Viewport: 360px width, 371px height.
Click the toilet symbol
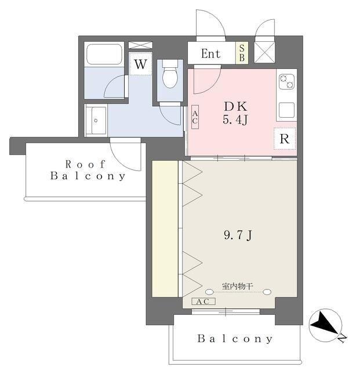pyautogui.click(x=170, y=74)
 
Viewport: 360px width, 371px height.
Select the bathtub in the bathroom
pyautogui.click(x=104, y=54)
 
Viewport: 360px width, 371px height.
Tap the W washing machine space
pyautogui.click(x=140, y=64)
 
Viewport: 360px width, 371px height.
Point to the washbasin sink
pyautogui.click(x=96, y=120)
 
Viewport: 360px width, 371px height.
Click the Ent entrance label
pyautogui.click(x=210, y=54)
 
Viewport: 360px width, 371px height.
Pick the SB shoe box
pyautogui.click(x=242, y=53)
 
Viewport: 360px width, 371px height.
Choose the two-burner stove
pyautogui.click(x=286, y=82)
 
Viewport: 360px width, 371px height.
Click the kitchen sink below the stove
pyautogui.click(x=286, y=110)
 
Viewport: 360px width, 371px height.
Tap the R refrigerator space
pyautogui.click(x=285, y=139)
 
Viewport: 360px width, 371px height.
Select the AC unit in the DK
pyautogui.click(x=195, y=117)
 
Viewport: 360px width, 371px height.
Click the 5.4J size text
pyautogui.click(x=235, y=119)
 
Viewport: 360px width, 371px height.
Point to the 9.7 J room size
pyautogui.click(x=238, y=235)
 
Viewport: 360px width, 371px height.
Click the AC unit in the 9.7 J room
pyautogui.click(x=203, y=301)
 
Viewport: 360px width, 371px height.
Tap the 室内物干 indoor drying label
pyautogui.click(x=238, y=286)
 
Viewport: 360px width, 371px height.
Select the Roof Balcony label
pyautogui.click(x=88, y=170)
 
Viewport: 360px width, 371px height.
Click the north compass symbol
pyautogui.click(x=325, y=325)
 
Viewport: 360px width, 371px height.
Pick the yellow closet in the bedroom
pyautogui.click(x=165, y=229)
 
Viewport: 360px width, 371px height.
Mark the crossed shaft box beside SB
pyautogui.click(x=264, y=53)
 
